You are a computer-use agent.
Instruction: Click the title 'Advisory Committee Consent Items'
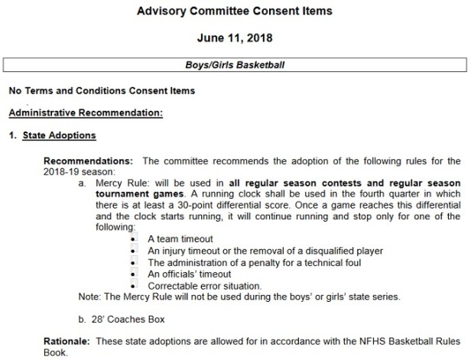[235, 12]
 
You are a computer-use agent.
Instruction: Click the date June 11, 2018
[235, 37]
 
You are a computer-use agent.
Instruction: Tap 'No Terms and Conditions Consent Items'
[102, 90]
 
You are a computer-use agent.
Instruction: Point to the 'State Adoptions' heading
[68, 136]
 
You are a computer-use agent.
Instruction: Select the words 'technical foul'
[315, 262]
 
